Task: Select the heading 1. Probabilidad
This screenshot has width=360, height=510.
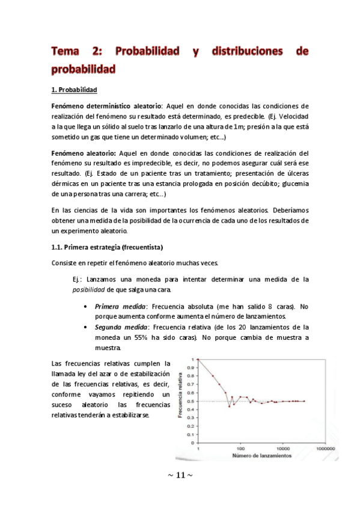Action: [75, 90]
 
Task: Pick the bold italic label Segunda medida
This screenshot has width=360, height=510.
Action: [122, 327]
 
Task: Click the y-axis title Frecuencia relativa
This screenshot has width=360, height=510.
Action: [181, 402]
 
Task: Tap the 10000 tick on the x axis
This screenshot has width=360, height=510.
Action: [282, 449]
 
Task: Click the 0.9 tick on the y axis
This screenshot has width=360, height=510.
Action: [192, 367]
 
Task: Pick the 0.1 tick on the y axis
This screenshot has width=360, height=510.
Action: [192, 434]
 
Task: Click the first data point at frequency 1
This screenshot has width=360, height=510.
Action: [198, 360]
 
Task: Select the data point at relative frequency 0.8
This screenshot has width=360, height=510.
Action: [213, 376]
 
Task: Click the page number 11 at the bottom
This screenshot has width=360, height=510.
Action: [180, 475]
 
